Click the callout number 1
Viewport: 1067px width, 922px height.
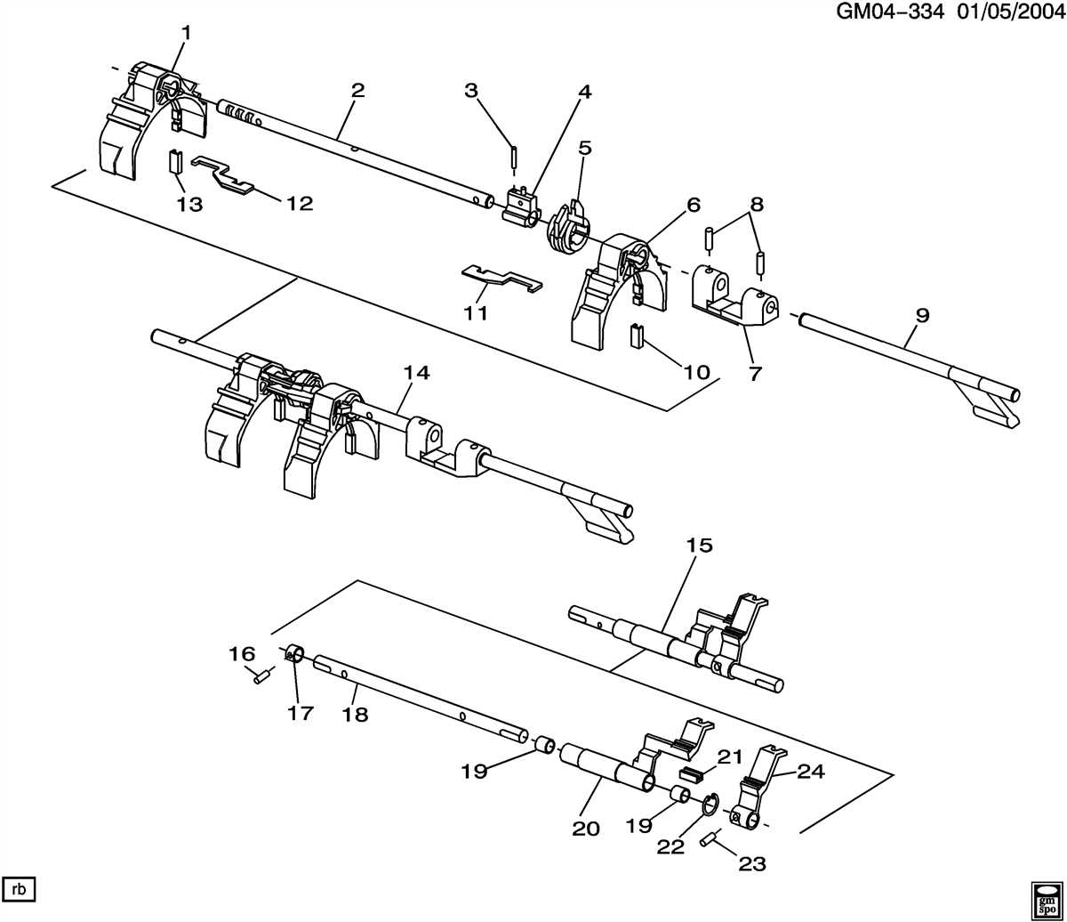click(x=186, y=33)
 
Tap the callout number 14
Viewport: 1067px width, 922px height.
click(x=416, y=373)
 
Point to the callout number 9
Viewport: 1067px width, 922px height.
click(x=922, y=315)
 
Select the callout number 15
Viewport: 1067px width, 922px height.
click(x=700, y=546)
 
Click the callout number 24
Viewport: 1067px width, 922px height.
click(x=811, y=772)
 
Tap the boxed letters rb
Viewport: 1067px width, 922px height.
click(x=18, y=887)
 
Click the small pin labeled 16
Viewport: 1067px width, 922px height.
click(x=261, y=677)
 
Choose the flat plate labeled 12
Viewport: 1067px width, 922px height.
click(x=222, y=174)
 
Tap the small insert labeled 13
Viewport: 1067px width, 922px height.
click(x=175, y=165)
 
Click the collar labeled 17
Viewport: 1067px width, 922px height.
click(x=294, y=657)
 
